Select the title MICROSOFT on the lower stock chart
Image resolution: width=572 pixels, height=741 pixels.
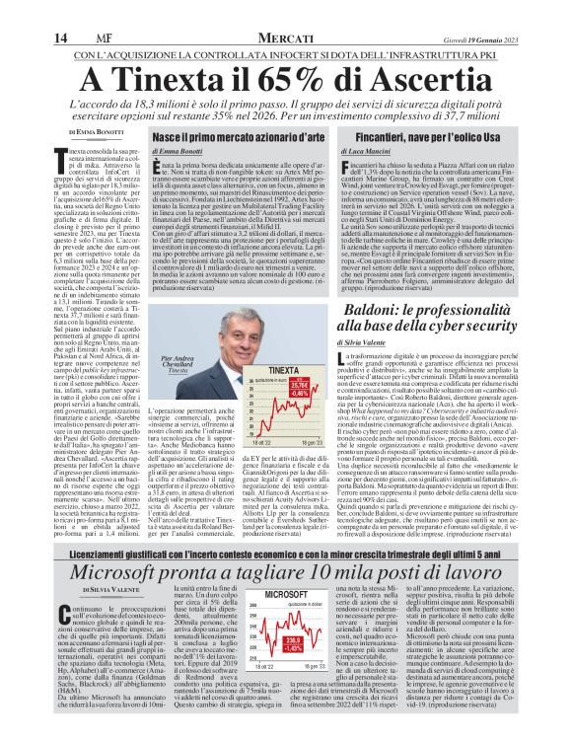coord(289,597)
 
